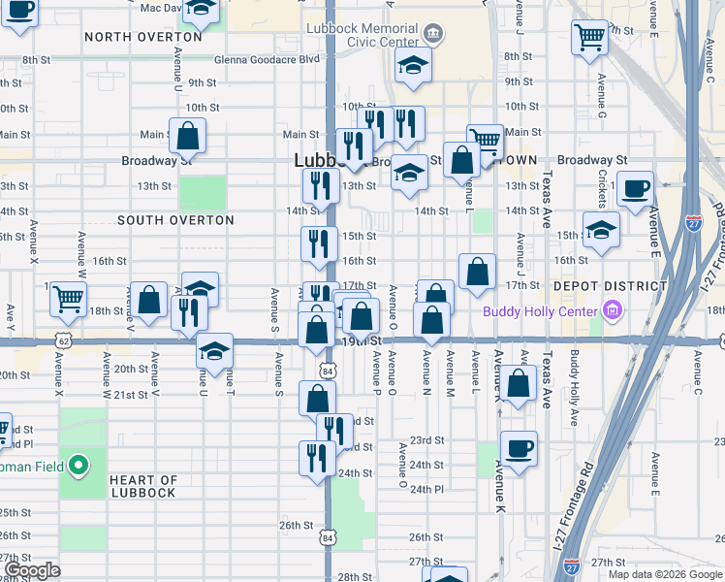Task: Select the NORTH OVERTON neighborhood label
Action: [143, 37]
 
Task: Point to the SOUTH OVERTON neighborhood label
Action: [175, 220]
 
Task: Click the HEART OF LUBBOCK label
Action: [143, 486]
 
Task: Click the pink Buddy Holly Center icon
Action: [612, 311]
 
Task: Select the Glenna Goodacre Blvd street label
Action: [268, 58]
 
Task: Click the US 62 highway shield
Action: [64, 341]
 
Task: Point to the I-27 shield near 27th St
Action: [572, 563]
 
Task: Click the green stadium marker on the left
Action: [81, 467]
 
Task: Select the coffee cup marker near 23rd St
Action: [519, 448]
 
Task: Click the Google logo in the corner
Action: [32, 570]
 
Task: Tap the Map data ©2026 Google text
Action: [664, 573]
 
